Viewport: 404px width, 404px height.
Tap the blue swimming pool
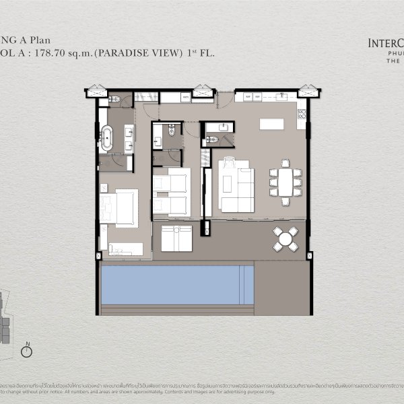pyautogui.click(x=176, y=285)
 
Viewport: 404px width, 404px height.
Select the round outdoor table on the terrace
pyautogui.click(x=285, y=238)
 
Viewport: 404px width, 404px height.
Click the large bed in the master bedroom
pyautogui.click(x=120, y=207)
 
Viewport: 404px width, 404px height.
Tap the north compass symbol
pyautogui.click(x=28, y=351)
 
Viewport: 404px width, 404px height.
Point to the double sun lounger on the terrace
pyautogui.click(x=177, y=238)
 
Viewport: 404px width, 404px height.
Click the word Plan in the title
pyautogui.click(x=57, y=40)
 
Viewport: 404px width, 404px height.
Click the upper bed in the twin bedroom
pyautogui.click(x=171, y=181)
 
